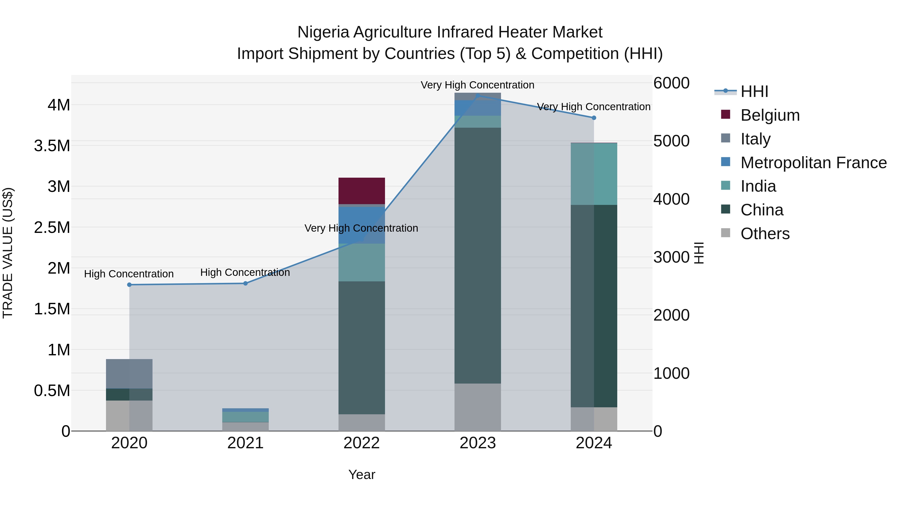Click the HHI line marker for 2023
(x=477, y=95)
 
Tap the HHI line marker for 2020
(x=129, y=285)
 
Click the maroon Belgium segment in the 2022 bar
(x=361, y=191)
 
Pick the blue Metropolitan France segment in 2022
(x=361, y=225)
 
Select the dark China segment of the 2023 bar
(x=477, y=255)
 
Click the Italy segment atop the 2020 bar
(x=129, y=374)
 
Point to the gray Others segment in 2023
(x=477, y=407)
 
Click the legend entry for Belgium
(x=770, y=115)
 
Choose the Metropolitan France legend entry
(x=813, y=163)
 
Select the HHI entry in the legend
(x=754, y=91)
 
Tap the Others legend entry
(x=765, y=234)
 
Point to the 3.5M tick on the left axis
(x=52, y=146)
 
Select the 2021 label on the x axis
(x=245, y=443)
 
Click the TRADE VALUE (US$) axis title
(x=8, y=253)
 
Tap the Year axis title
(x=361, y=475)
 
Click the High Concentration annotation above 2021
(x=245, y=272)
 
